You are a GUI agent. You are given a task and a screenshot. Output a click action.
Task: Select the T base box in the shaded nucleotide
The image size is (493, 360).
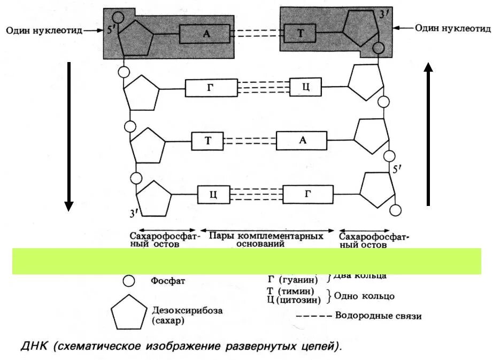[x=300, y=34]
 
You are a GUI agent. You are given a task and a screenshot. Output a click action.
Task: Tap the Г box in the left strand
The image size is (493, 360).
[x=210, y=88]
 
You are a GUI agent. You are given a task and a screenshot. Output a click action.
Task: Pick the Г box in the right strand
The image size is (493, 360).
[x=307, y=194]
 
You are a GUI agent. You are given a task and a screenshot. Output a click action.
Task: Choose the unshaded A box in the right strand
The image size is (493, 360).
[x=302, y=141]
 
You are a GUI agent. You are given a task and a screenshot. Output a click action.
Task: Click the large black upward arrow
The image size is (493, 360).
[x=428, y=134]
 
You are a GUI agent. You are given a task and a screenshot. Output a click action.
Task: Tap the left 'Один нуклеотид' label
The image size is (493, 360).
[x=44, y=30]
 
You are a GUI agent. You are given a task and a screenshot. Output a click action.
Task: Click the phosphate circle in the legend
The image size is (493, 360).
[x=128, y=280]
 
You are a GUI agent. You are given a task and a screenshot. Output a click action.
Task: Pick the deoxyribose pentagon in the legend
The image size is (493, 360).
[x=128, y=313]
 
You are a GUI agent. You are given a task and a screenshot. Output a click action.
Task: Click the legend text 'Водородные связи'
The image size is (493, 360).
[x=378, y=316]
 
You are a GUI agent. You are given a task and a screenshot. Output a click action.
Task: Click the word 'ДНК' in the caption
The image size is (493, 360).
[x=33, y=347]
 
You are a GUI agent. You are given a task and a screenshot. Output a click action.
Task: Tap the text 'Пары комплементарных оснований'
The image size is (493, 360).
[x=266, y=239]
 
